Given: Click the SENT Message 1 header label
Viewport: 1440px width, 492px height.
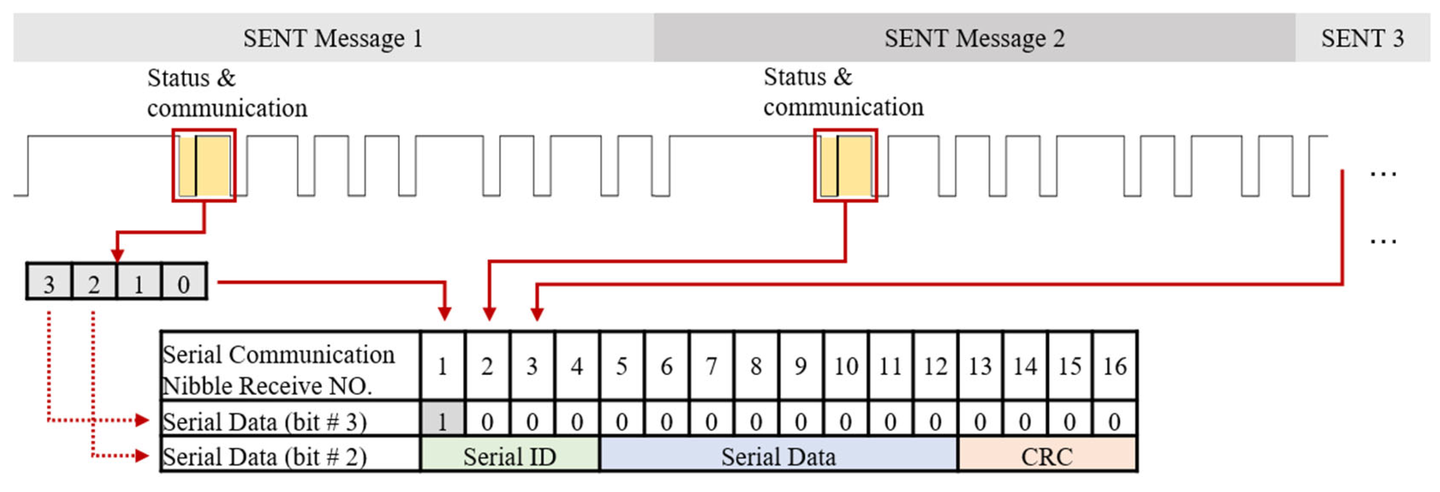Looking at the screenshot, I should pos(333,38).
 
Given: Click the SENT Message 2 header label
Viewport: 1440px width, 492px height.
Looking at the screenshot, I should pos(974,38).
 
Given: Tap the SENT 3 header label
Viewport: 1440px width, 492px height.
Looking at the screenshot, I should pos(1362,38).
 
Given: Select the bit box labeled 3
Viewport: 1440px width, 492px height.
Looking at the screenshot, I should pos(49,282).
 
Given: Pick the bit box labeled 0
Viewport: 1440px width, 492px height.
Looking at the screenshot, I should pos(183,282).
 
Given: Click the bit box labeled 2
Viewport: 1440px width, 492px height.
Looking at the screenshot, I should pos(94,282).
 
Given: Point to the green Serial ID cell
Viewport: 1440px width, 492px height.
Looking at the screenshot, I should pos(509,456).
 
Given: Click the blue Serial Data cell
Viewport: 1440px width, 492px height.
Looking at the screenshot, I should pos(778,456).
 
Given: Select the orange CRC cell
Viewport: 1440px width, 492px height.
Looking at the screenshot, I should pos(1047,456).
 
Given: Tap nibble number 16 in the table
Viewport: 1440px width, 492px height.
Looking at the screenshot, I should pos(1115,366).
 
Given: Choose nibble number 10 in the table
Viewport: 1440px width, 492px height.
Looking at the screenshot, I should pos(846,366).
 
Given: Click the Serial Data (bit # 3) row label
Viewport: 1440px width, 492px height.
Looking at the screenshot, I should pos(264,421).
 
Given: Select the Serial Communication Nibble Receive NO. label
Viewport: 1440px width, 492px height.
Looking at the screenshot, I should pos(279,369).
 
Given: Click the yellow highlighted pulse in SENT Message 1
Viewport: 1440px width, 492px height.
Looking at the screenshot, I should pos(204,166).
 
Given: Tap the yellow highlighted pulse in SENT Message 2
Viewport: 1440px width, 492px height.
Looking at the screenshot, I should pos(845,166).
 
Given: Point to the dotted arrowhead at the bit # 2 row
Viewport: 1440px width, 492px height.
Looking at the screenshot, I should pos(142,456).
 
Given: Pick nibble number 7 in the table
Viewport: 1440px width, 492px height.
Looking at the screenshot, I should pos(711,366).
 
